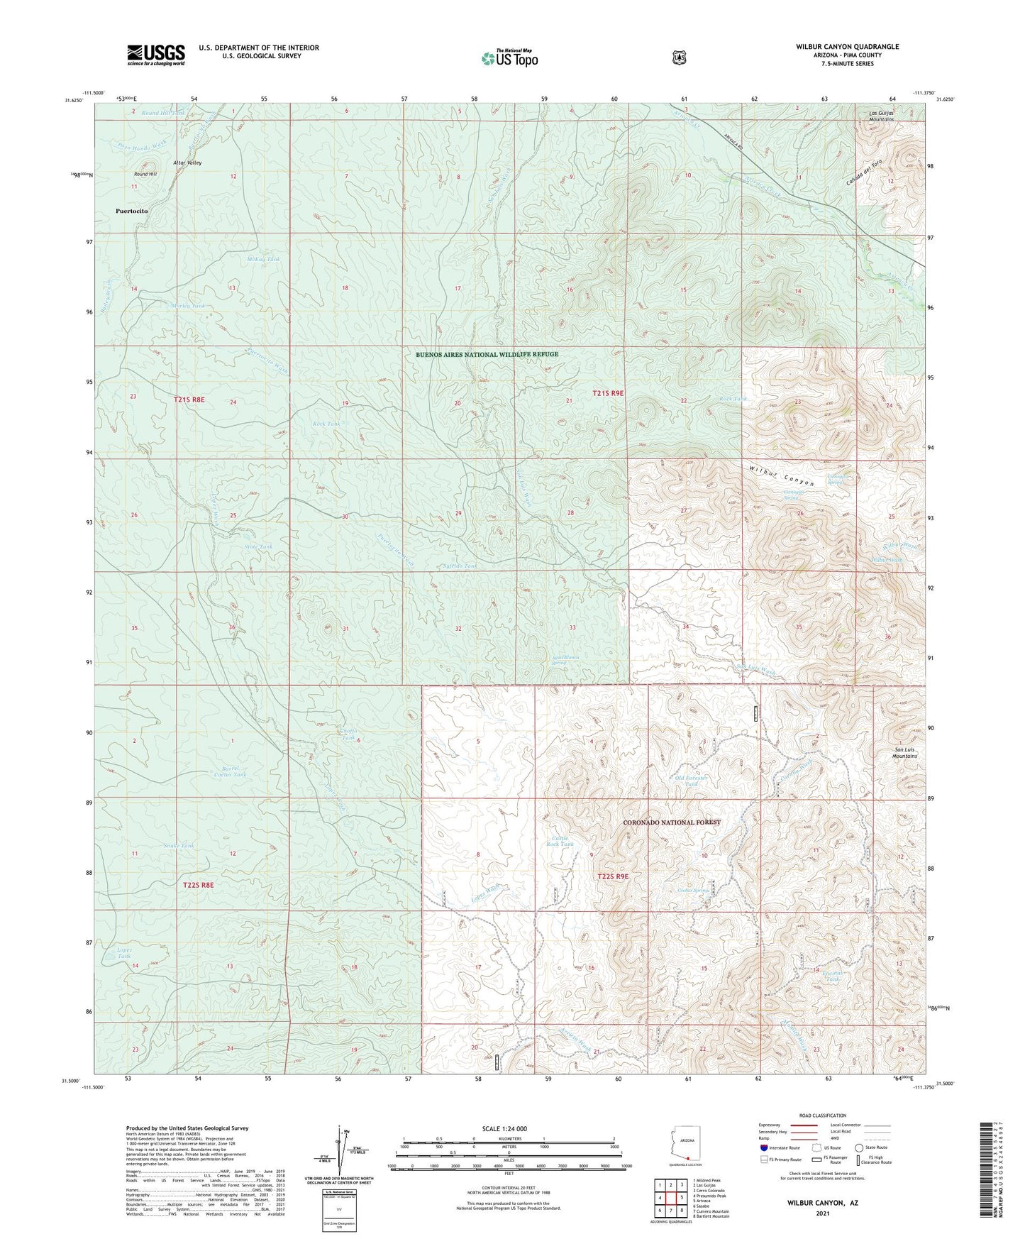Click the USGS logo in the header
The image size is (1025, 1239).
click(156, 55)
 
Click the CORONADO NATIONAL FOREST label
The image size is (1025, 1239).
click(671, 822)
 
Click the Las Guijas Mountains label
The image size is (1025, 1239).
click(881, 116)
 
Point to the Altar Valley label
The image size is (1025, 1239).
click(188, 163)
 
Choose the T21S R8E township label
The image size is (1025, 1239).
click(189, 400)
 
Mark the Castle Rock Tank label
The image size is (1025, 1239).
click(562, 842)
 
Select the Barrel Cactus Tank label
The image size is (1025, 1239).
click(230, 771)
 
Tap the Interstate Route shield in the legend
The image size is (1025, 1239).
click(763, 1147)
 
